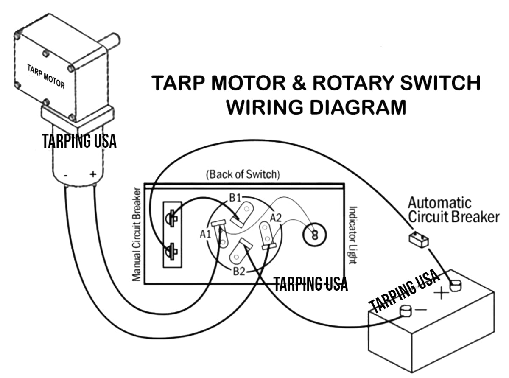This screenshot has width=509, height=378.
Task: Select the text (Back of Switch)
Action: click(243, 175)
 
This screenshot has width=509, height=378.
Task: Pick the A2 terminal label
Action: click(276, 218)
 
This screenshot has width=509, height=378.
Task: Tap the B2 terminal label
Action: click(238, 271)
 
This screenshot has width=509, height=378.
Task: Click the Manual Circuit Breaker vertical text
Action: click(136, 233)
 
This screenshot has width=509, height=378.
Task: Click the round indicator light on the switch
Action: click(314, 235)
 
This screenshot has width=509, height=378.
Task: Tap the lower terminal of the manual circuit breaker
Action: click(172, 252)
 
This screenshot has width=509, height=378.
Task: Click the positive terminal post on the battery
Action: click(455, 286)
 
